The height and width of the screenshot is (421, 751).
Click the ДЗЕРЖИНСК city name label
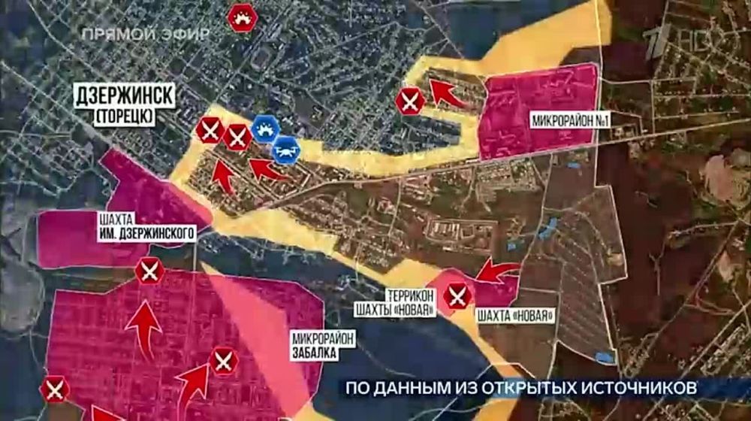(125, 96)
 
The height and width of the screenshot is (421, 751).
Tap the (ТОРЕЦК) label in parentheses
(125, 115)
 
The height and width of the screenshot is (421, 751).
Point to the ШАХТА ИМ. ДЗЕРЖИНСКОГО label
(147, 226)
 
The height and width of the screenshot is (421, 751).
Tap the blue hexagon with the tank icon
(264, 129)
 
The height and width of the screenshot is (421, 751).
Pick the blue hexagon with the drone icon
(286, 150)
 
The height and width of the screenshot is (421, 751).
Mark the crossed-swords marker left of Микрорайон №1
(410, 101)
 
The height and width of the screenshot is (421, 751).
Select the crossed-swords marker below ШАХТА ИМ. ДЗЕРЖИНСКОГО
(149, 271)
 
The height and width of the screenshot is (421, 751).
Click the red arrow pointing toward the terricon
(497, 271)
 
